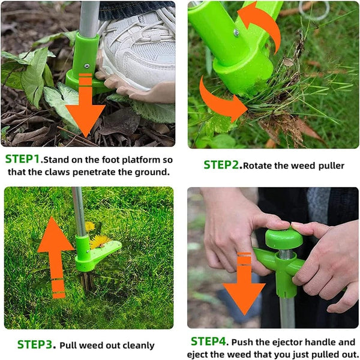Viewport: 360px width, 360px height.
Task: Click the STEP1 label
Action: coord(23,160)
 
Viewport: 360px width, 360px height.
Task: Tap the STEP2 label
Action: coord(221,165)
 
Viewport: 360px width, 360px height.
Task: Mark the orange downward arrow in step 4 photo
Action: coord(244,285)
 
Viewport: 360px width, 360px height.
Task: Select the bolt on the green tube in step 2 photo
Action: coord(237,34)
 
